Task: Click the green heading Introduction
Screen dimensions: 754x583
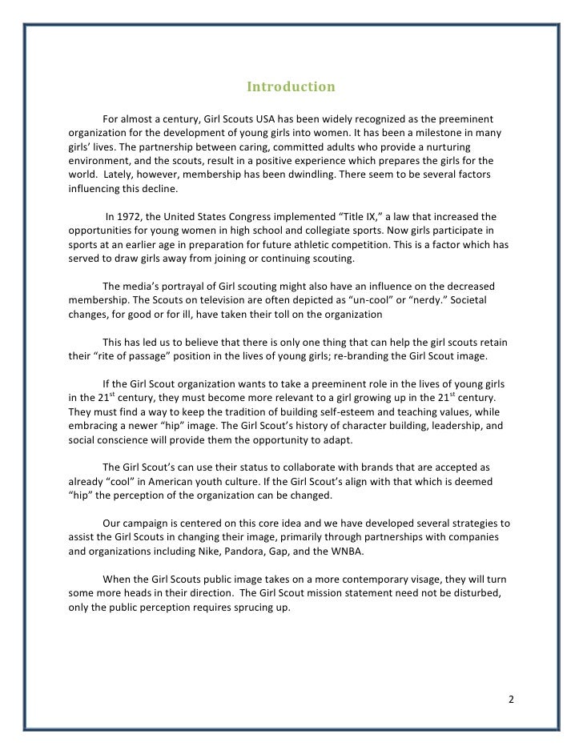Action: point(291,86)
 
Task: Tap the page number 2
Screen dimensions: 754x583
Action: point(512,699)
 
